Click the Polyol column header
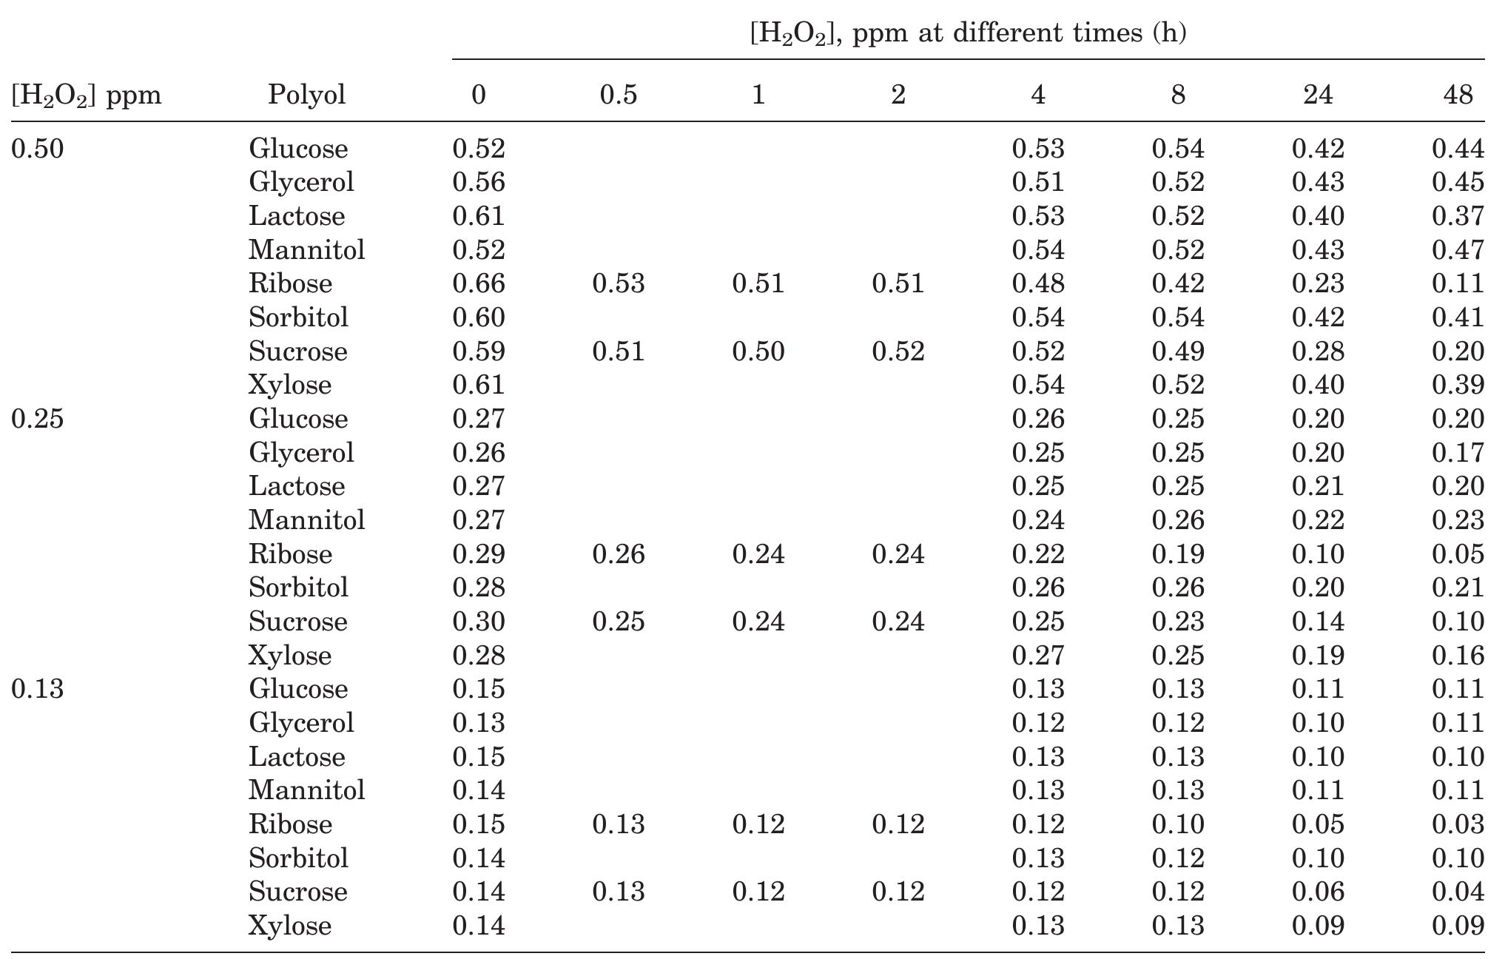[x=306, y=95]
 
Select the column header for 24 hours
[x=1318, y=95]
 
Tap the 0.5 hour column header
[x=618, y=95]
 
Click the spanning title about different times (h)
[x=968, y=33]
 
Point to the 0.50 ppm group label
[x=38, y=149]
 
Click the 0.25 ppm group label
[x=38, y=419]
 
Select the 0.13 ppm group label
[x=38, y=689]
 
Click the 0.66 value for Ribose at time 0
[x=479, y=283]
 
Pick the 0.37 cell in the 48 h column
[x=1458, y=216]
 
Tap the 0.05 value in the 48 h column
[x=1458, y=553]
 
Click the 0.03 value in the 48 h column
[x=1458, y=824]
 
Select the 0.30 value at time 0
[x=479, y=621]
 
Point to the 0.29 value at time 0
[x=479, y=553]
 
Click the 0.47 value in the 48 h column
[x=1458, y=249]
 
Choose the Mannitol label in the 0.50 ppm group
[x=306, y=249]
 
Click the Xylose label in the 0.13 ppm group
[x=289, y=925]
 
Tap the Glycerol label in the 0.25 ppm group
[x=301, y=452]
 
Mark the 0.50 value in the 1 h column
[x=758, y=351]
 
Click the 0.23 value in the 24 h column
[x=1318, y=283]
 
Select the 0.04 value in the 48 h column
[x=1458, y=891]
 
